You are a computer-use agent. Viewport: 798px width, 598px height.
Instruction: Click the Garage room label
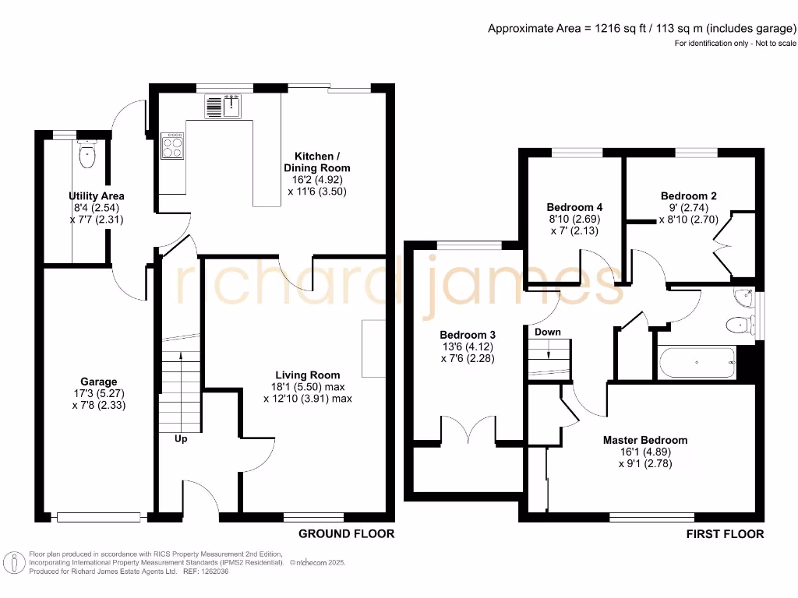coord(98,382)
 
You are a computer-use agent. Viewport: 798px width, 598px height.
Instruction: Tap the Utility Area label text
coord(95,196)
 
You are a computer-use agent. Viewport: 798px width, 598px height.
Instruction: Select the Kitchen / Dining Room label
coord(316,162)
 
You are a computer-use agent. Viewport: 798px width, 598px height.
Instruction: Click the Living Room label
coord(307,375)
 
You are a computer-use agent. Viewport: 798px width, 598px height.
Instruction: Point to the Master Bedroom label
coord(644,440)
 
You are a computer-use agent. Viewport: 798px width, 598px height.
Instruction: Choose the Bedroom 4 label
coord(574,207)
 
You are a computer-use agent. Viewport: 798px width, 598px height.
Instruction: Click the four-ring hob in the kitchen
coord(172,146)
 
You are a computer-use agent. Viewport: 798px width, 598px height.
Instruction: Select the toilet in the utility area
coord(87,156)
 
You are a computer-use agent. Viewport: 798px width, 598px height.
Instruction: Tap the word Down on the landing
coord(547,332)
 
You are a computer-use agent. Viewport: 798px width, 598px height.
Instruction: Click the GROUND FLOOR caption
coord(347,533)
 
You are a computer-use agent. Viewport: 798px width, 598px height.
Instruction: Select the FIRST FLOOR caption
coord(725,533)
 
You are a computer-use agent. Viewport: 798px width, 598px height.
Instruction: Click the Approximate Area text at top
coord(641,29)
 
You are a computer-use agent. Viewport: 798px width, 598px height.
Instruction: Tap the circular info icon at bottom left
coord(13,561)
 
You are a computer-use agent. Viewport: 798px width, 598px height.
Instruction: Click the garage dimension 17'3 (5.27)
coord(98,393)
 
